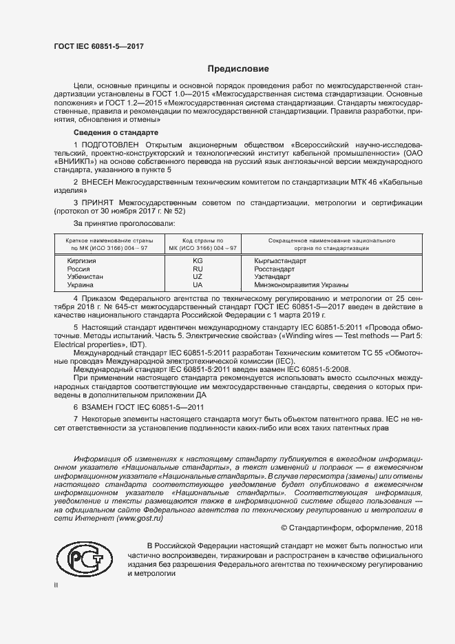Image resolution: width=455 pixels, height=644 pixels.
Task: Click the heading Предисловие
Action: pos(239,69)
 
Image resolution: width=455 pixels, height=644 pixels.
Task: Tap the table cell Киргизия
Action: pos(81,261)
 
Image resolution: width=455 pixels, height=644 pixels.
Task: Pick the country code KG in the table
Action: pos(198,261)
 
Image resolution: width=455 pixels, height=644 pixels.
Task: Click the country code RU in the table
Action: pos(198,269)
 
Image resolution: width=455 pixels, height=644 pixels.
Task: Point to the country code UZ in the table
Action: pos(198,276)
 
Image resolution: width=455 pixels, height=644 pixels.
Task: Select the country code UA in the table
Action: pos(198,284)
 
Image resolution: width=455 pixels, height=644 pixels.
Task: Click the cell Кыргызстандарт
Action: pos(280,261)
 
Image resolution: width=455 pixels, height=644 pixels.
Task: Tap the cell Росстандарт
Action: pos(275,269)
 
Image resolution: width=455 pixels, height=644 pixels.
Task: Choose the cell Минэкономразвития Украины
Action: pos(301,284)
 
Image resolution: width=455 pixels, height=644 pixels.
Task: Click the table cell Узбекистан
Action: pos(85,276)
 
